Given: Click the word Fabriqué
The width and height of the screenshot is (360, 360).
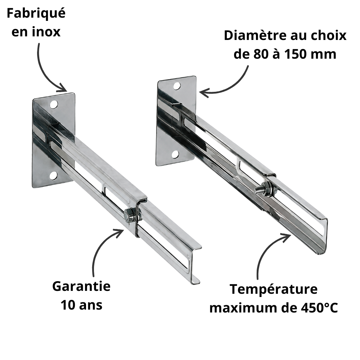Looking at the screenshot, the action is [36, 14].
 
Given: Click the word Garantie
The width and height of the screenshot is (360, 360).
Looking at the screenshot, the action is [81, 286].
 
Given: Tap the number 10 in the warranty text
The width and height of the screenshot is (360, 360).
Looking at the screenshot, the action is [68, 305].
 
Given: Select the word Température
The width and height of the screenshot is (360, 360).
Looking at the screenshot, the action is [274, 289].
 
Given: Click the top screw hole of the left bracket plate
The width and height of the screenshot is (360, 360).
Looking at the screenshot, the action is [54, 105].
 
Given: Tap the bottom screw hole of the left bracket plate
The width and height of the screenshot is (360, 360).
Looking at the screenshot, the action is [53, 176].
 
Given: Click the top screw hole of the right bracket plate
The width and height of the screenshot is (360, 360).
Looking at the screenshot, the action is [177, 86].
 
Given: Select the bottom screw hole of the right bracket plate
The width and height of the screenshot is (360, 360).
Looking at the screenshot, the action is [175, 154].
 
